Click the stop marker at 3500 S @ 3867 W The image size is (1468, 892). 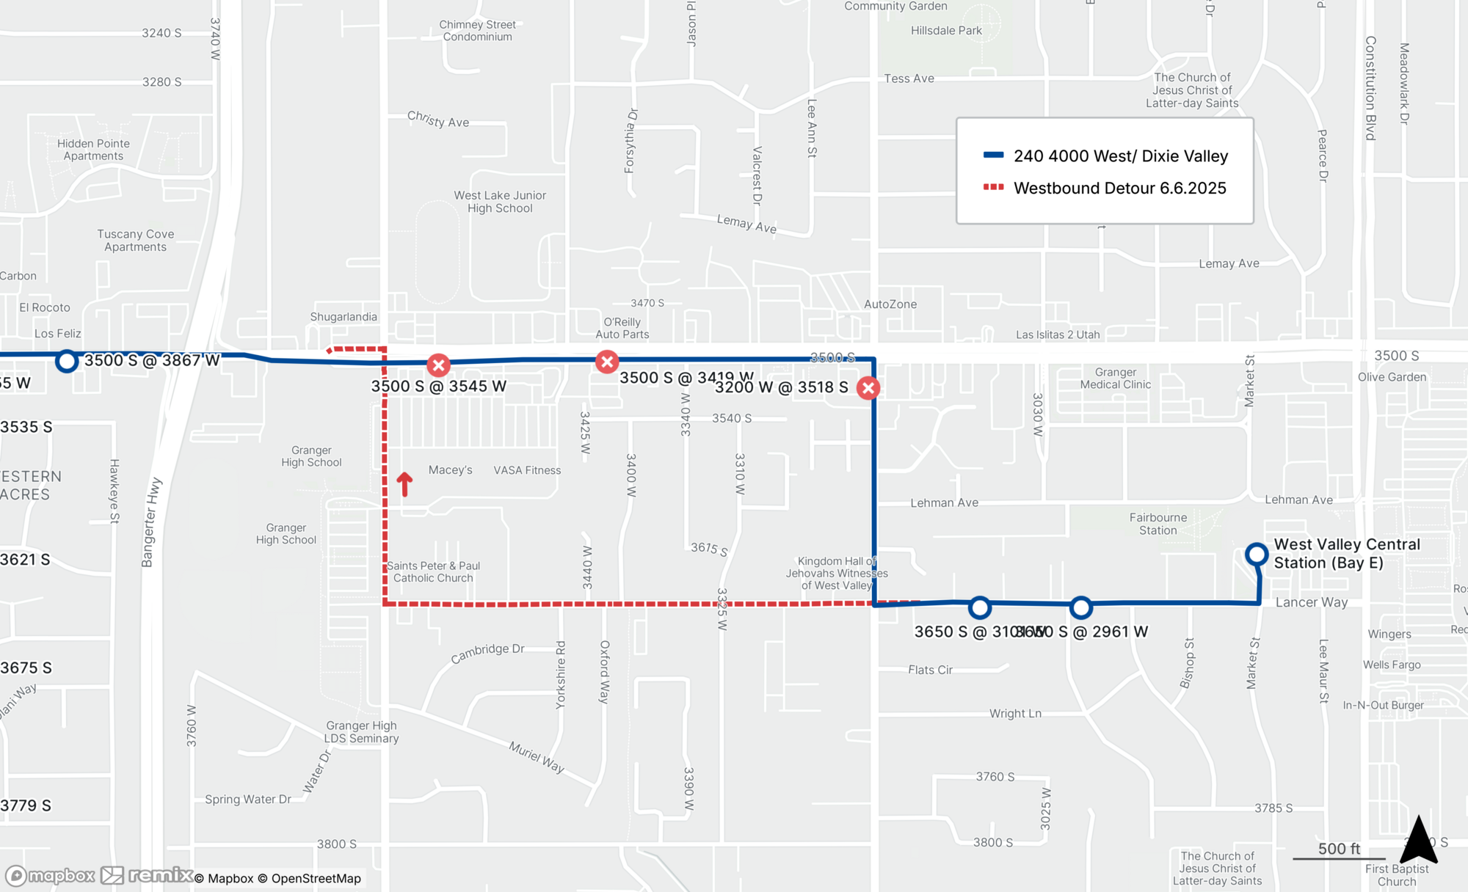[x=67, y=361]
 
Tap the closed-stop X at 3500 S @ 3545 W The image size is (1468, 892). [x=438, y=365]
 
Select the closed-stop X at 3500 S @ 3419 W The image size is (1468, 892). [x=607, y=362]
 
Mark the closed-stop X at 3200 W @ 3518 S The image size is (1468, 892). [x=868, y=388]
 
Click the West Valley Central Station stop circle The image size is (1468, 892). [x=1257, y=554]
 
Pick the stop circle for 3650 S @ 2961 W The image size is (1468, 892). [x=1080, y=607]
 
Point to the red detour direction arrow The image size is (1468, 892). [x=404, y=484]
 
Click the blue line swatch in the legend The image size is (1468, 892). [x=993, y=155]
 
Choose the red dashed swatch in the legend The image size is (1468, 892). [x=993, y=187]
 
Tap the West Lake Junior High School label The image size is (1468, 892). [x=500, y=202]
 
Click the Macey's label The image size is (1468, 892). [x=450, y=470]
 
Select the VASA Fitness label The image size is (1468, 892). [x=527, y=470]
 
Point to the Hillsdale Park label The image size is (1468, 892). [x=946, y=31]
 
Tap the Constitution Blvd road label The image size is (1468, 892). [x=1370, y=88]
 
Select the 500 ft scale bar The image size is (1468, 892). [x=1339, y=857]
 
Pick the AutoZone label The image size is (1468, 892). [x=890, y=304]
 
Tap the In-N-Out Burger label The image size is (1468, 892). [x=1383, y=705]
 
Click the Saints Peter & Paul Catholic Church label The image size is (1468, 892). [x=433, y=572]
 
